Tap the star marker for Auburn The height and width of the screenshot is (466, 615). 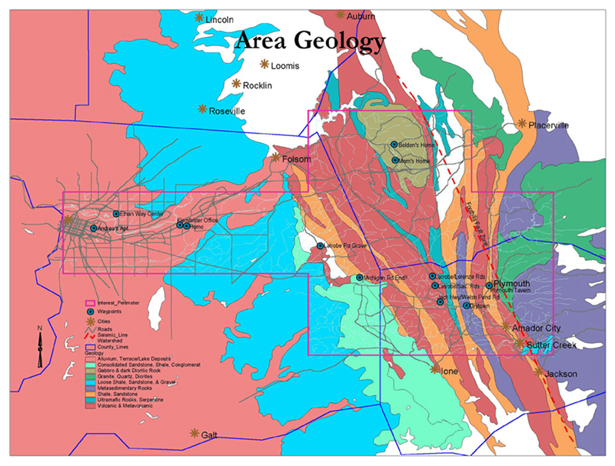point(341,15)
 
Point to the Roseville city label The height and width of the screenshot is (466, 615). point(227,111)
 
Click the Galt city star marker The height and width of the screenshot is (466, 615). point(194,433)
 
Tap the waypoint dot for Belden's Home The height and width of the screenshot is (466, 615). point(394,145)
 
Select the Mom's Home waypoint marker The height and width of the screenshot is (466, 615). point(394,161)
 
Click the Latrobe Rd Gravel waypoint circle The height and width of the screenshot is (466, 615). point(321,246)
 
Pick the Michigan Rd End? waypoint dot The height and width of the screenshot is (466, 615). point(359,278)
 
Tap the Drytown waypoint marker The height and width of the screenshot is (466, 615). point(466,305)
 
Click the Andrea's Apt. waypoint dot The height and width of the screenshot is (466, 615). point(94,228)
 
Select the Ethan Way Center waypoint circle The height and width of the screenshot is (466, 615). point(116,214)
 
